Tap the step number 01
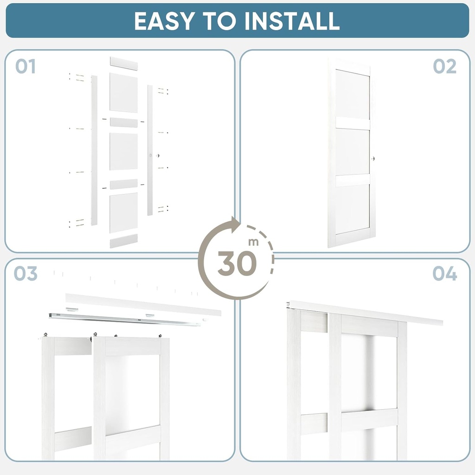coord(26,67)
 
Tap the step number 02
coord(444,67)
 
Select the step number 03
coord(26,274)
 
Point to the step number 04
coord(444,274)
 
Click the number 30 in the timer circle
coord(237,263)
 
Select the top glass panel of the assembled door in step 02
coord(353,95)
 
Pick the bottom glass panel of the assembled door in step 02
coord(353,209)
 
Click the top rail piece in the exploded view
coord(124,64)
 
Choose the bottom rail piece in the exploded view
coord(124,241)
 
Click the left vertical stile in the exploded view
coord(94,150)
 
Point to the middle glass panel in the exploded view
coord(124,151)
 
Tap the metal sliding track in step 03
coord(125,319)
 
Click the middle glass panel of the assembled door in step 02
coord(353,152)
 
